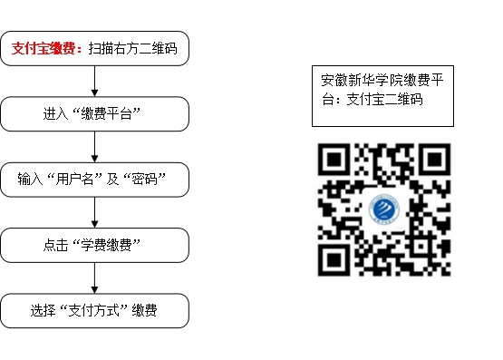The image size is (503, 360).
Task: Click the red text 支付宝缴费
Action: [x=44, y=48]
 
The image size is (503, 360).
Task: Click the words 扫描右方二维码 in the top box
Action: [x=132, y=48]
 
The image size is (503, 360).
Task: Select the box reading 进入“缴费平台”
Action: [x=94, y=114]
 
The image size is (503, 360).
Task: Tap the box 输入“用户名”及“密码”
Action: [x=94, y=180]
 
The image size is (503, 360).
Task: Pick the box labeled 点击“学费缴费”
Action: [x=94, y=245]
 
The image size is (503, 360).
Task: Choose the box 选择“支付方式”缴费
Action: [x=94, y=311]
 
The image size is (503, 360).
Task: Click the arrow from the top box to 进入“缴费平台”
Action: [x=94, y=82]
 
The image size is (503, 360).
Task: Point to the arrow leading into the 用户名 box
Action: [x=94, y=147]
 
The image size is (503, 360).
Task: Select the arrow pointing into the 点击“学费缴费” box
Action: [x=94, y=212]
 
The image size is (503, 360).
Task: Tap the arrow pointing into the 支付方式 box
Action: [x=94, y=277]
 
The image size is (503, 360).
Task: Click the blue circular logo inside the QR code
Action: [x=384, y=209]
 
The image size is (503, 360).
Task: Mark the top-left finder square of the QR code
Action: [x=334, y=160]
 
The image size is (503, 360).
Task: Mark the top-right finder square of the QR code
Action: [x=435, y=160]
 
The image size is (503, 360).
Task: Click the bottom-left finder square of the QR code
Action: [x=334, y=260]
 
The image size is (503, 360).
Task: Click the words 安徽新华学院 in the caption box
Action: [x=363, y=80]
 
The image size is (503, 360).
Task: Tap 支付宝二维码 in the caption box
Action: [x=384, y=99]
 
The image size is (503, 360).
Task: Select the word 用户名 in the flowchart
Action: [x=74, y=179]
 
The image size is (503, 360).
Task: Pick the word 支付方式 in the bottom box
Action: [x=93, y=310]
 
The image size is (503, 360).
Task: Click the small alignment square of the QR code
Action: [x=421, y=246]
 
